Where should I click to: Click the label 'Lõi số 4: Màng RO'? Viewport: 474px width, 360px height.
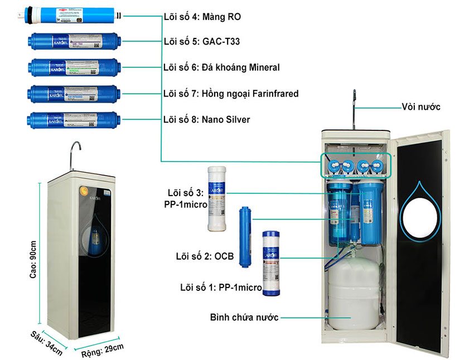[x=202, y=17]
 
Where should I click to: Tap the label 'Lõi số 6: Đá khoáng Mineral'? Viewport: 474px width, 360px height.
[x=221, y=67]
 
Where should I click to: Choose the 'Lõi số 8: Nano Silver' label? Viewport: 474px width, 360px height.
[x=206, y=119]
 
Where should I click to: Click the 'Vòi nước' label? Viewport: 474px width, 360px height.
[x=421, y=106]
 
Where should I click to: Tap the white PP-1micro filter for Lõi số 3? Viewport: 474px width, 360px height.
[x=216, y=198]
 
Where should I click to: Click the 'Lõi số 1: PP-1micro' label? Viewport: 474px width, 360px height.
[x=221, y=288]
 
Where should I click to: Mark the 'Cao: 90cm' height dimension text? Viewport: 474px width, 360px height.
[x=33, y=260]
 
